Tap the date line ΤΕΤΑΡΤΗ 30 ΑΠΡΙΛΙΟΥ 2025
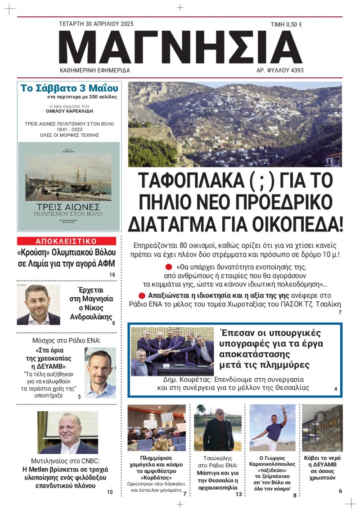pos(96,24)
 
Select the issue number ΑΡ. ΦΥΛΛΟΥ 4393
pos(280,71)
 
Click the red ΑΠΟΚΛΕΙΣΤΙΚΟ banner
pos(66,241)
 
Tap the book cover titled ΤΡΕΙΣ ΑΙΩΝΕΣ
pos(68,186)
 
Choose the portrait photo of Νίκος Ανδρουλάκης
pos(38,305)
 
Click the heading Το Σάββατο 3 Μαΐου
pos(69,87)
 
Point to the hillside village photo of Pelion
pos(234,124)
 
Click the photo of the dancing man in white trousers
pos(272,428)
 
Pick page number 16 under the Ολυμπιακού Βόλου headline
pos(112,275)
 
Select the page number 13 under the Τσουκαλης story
pos(238,494)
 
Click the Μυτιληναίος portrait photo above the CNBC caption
pos(67,432)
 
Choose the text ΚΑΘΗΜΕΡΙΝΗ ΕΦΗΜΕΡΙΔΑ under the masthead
pos(95,71)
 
